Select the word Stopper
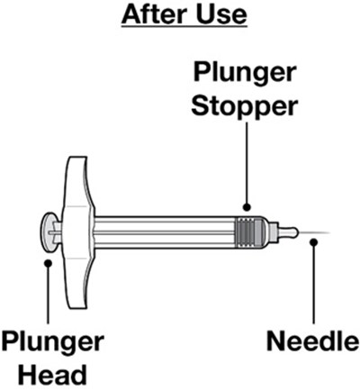[x=245, y=107]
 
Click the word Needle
[x=313, y=341]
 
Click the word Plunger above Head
[x=52, y=342]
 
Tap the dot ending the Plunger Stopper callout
[x=247, y=207]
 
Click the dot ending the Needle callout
[x=314, y=242]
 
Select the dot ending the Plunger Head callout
[x=48, y=263]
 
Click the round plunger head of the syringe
[x=48, y=232]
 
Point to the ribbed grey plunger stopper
[x=250, y=232]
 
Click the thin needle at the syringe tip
[x=314, y=232]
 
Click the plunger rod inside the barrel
[x=165, y=232]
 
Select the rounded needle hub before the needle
[x=287, y=232]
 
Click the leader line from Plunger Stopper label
[x=247, y=163]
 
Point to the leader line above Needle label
[x=314, y=284]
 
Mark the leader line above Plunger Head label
[x=48, y=295]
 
